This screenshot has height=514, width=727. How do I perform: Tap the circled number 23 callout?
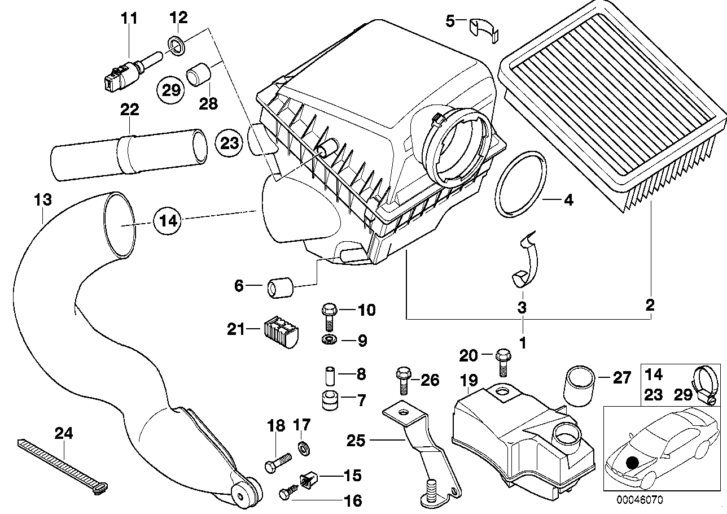point(230,143)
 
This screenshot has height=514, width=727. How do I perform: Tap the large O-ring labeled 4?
point(522,184)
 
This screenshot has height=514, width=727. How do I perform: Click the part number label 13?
point(43,200)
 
